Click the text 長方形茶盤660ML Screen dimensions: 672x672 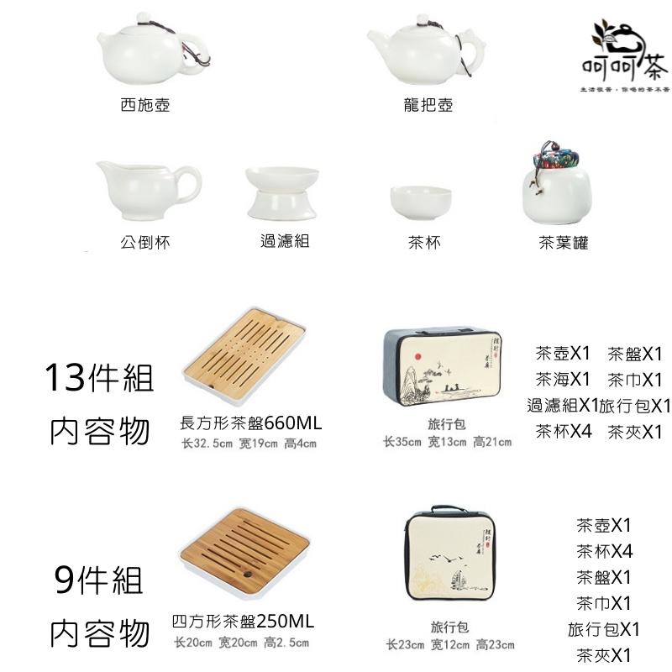(251, 423)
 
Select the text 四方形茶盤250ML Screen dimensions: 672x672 (243, 622)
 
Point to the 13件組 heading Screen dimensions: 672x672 (99, 379)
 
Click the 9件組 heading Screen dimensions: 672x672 (98, 579)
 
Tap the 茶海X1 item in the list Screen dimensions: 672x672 (564, 379)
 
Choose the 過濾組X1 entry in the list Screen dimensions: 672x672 (562, 406)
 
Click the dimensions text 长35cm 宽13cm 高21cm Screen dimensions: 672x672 (447, 442)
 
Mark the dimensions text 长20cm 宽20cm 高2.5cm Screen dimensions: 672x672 (241, 643)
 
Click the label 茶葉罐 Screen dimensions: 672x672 (563, 243)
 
